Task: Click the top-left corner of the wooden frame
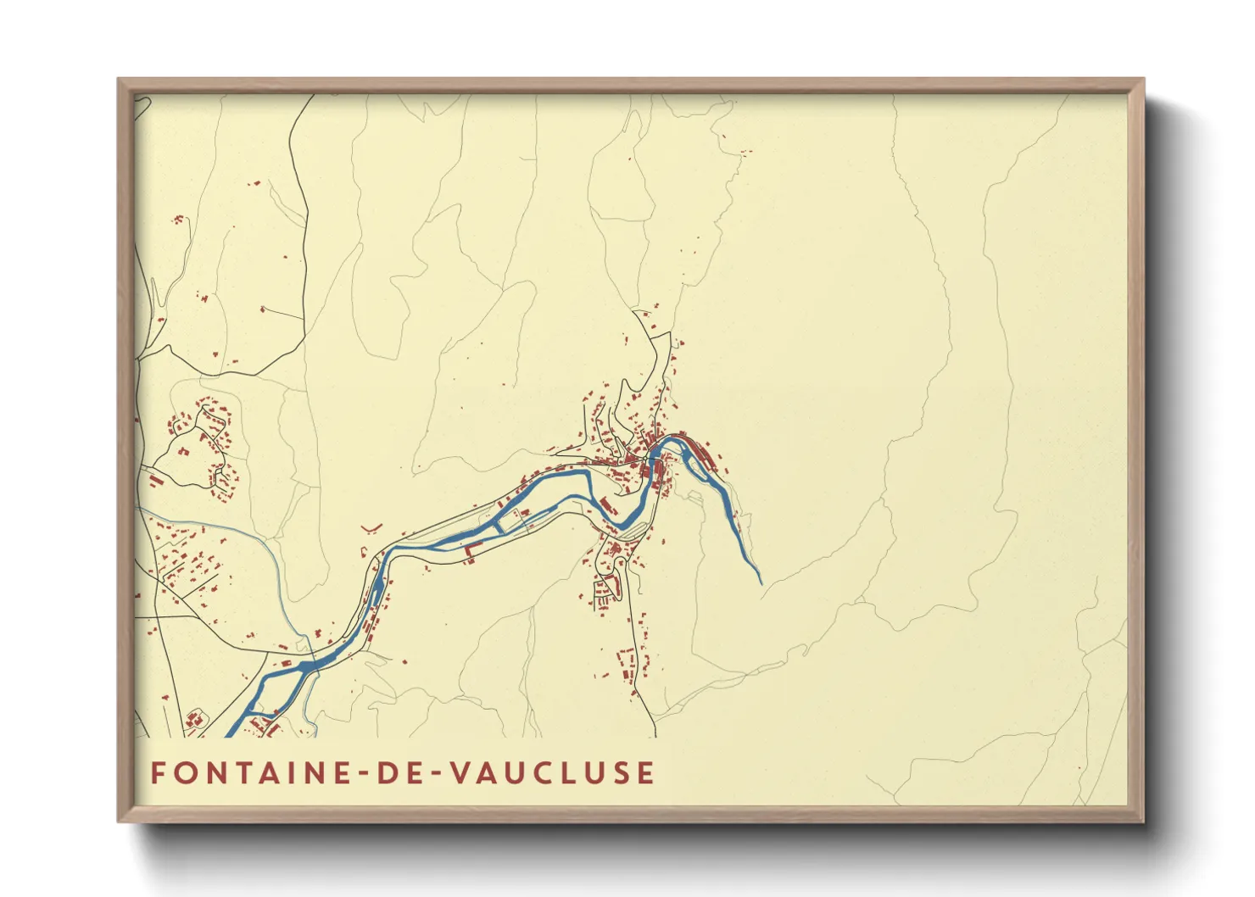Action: click(119, 80)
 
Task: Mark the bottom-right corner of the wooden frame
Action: click(1143, 821)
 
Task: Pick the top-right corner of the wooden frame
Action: click(1143, 80)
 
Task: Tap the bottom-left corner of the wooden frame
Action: click(119, 821)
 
